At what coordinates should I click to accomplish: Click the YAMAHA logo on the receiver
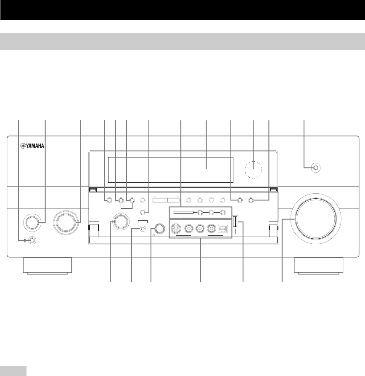click(x=32, y=147)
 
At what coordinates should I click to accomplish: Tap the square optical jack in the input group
click(x=222, y=229)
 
